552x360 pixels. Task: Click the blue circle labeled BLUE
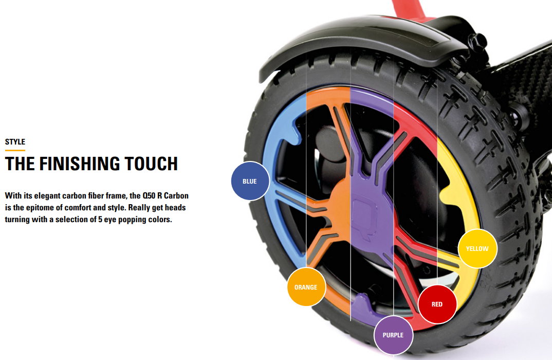250,181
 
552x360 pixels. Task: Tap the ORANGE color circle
306,287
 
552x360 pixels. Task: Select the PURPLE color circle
393,335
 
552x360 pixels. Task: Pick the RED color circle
437,304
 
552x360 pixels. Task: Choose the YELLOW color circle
477,248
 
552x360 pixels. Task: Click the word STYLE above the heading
15,142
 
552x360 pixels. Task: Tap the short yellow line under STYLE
15,150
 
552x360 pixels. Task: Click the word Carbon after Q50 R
176,196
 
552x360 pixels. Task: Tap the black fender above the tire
360,51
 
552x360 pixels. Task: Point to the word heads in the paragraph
174,208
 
